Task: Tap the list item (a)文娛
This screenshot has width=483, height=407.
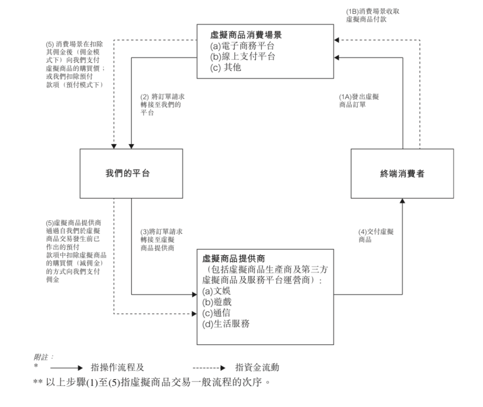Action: tap(216, 291)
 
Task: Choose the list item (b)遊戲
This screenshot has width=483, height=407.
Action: tap(217, 302)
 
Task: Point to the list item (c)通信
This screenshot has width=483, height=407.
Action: tap(217, 313)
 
